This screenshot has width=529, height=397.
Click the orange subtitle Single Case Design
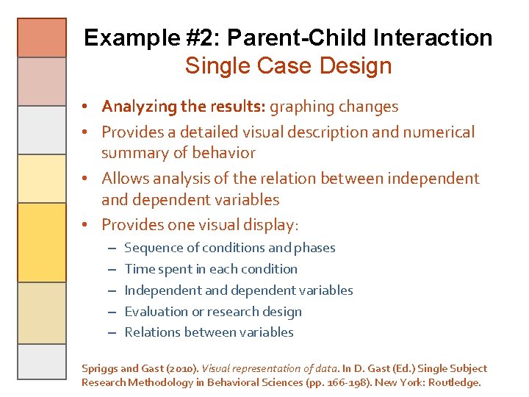288,66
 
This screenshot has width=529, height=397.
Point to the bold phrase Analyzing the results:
184,107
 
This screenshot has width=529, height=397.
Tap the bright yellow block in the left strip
42,243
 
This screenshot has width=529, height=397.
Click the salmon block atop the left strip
42,37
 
